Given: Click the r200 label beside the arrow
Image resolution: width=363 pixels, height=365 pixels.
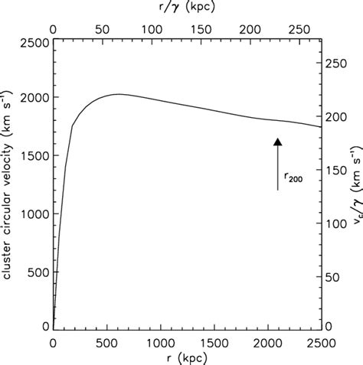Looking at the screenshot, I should pos(293,178).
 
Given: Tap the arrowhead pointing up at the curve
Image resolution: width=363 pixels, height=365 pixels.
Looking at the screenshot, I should pos(278,141).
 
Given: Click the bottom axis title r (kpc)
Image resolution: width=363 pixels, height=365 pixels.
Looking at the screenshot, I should pos(186,358).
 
